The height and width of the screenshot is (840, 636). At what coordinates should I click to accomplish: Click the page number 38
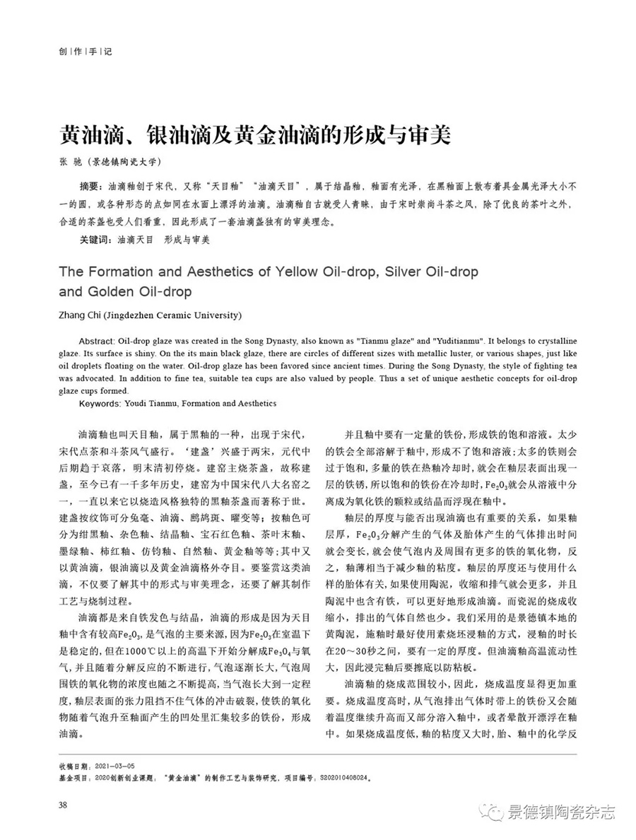click(63, 804)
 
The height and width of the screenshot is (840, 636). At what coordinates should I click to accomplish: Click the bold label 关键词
click(96, 240)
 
